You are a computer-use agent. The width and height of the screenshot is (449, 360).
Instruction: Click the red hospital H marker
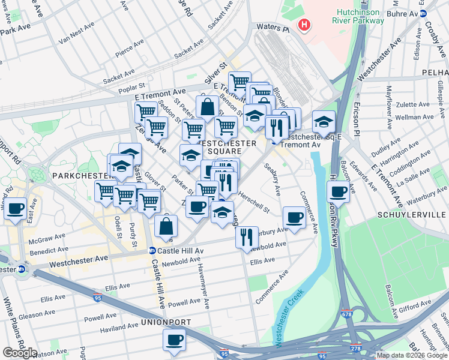[x=305, y=25]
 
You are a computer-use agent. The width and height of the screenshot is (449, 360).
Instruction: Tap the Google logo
[x=20, y=353]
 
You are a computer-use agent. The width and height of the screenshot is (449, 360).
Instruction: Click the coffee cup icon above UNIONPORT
[x=175, y=340]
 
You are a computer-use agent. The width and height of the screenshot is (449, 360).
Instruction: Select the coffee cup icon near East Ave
[x=16, y=209]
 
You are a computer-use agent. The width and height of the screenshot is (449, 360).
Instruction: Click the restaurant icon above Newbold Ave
[x=247, y=237]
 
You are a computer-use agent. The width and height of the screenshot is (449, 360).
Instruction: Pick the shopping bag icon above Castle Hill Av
[x=166, y=227]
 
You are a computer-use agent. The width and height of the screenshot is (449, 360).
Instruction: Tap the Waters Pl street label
[x=273, y=28]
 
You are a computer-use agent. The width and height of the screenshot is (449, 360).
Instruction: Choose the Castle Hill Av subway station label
[x=176, y=250]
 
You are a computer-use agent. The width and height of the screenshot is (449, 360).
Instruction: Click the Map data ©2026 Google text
[x=410, y=355]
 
